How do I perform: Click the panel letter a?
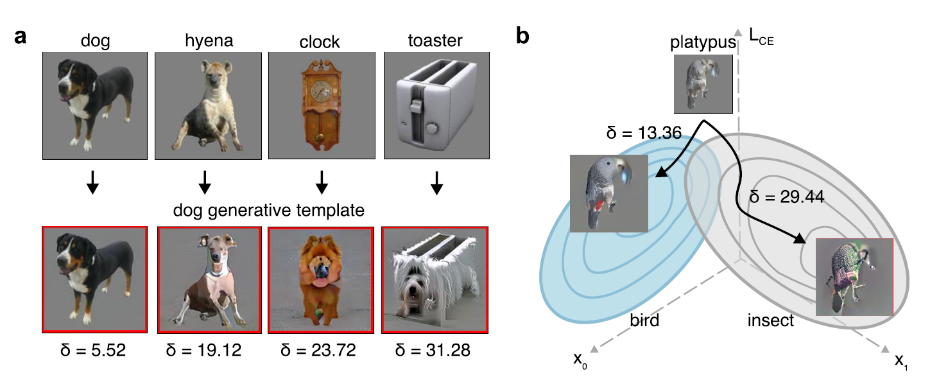tap(21, 37)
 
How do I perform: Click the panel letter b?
tap(523, 37)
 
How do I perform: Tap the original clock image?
tap(321, 105)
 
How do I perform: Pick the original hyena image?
tap(205, 105)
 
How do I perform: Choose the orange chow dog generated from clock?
tap(321, 281)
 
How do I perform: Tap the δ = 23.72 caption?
tap(321, 350)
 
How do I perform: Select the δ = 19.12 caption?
tap(205, 350)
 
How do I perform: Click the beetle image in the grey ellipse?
tap(854, 277)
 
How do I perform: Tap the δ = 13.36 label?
tap(643, 133)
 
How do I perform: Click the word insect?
tap(770, 320)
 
